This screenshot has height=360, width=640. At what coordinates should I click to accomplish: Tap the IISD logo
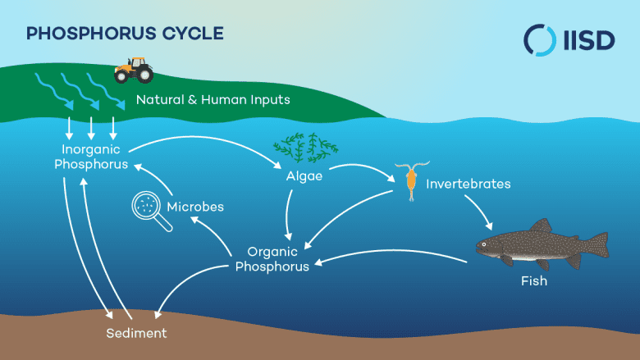[569, 39]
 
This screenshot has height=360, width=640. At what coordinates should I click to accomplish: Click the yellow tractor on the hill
[132, 70]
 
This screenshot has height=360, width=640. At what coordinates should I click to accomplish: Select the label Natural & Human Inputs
[213, 101]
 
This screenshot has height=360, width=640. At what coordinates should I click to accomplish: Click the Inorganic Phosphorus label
[91, 157]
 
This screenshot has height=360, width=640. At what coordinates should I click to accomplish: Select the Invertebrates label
[468, 184]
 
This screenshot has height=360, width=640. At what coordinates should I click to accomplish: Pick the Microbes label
[195, 207]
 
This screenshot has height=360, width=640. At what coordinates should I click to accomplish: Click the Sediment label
[136, 334]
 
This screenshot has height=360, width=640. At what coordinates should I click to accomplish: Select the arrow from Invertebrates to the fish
[474, 208]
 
